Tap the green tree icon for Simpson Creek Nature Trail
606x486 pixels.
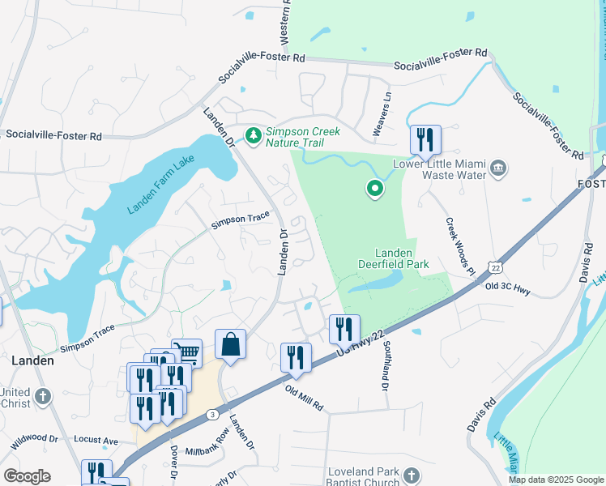point(254,134)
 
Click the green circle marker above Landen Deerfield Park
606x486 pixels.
point(374,189)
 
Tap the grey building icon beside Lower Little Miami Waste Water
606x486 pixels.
point(498,168)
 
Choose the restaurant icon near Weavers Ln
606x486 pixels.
point(425,140)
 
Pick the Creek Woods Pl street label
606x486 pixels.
point(459,246)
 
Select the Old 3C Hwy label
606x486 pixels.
point(506,288)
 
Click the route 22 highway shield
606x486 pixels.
point(494,267)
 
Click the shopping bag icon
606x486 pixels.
point(230,344)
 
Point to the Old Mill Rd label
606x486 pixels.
point(304,397)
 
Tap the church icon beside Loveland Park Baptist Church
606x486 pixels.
point(412,476)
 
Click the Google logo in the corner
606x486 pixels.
point(27,476)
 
